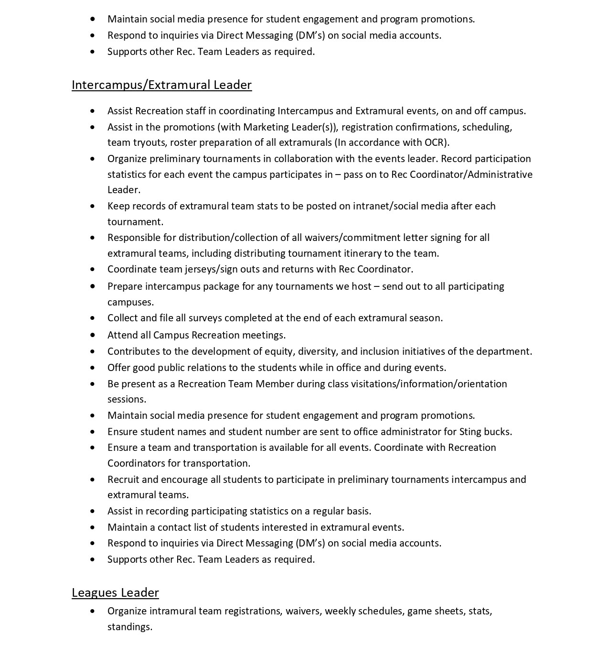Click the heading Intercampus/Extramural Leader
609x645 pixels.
pyautogui.click(x=161, y=85)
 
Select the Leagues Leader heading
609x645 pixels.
pyautogui.click(x=115, y=593)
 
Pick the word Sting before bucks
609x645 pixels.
pyautogui.click(x=470, y=432)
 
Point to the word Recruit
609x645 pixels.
pyautogui.click(x=123, y=480)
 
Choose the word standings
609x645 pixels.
pyautogui.click(x=129, y=627)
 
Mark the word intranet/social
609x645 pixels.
pyautogui.click(x=386, y=206)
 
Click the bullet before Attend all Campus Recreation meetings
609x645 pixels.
pyautogui.click(x=92, y=335)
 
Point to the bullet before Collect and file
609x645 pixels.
pyautogui.click(x=92, y=318)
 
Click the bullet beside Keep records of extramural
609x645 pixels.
pyautogui.click(x=92, y=206)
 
